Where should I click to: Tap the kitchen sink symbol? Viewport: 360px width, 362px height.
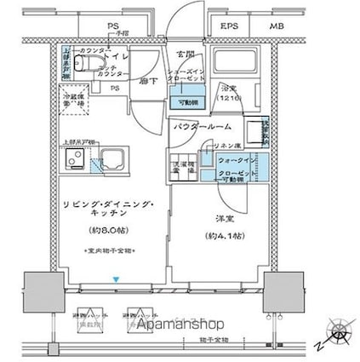tap(111, 158)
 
